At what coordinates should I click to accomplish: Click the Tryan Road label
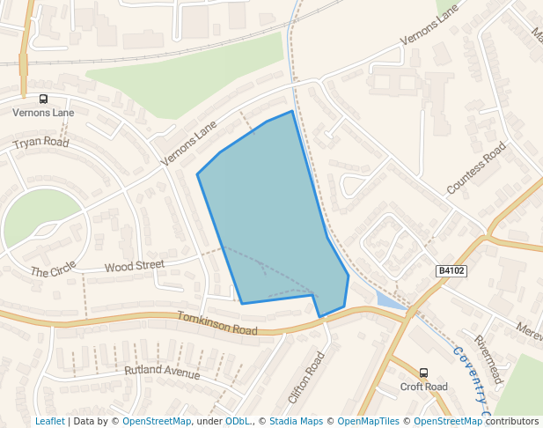pos(41,143)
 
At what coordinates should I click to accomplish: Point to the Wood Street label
pos(134,265)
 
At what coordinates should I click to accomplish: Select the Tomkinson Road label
pos(216,323)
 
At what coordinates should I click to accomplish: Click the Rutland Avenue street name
pos(162,372)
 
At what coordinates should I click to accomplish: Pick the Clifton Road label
pos(307,377)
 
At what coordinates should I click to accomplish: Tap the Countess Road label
pos(477,167)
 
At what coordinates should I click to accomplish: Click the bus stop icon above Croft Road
pos(423,373)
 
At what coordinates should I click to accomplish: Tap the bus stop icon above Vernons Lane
pos(43,99)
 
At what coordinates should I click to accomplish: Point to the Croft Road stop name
pos(423,387)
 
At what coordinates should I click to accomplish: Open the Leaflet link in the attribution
pos(49,422)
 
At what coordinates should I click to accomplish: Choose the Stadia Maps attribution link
pos(296,422)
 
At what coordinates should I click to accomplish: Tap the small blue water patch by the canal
pos(387,300)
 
